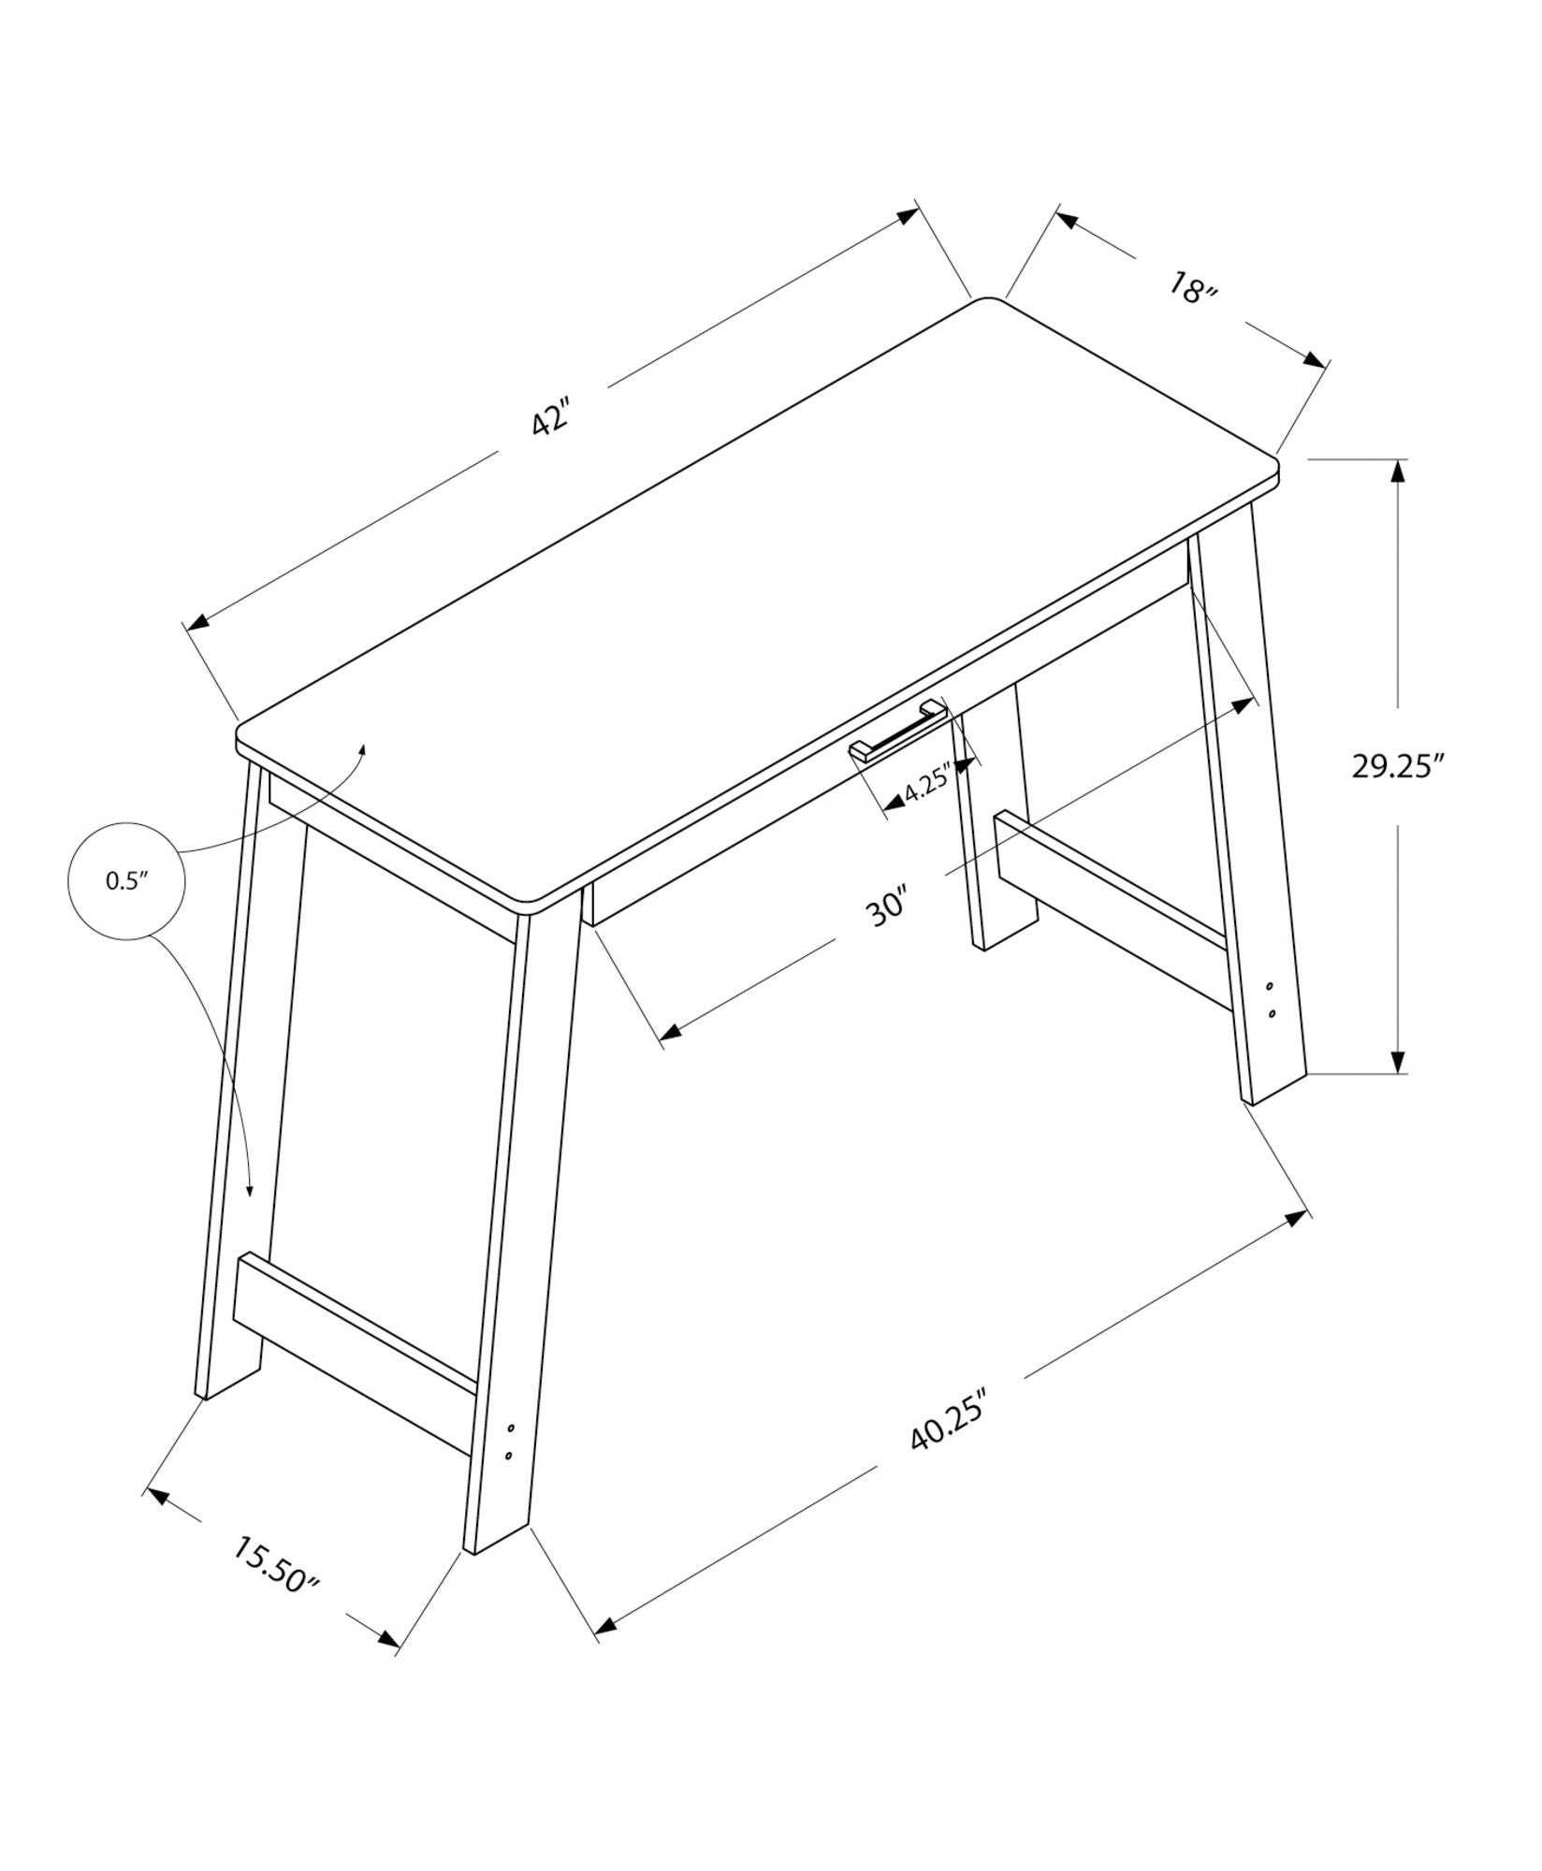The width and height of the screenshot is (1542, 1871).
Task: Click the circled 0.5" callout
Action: [126, 880]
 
